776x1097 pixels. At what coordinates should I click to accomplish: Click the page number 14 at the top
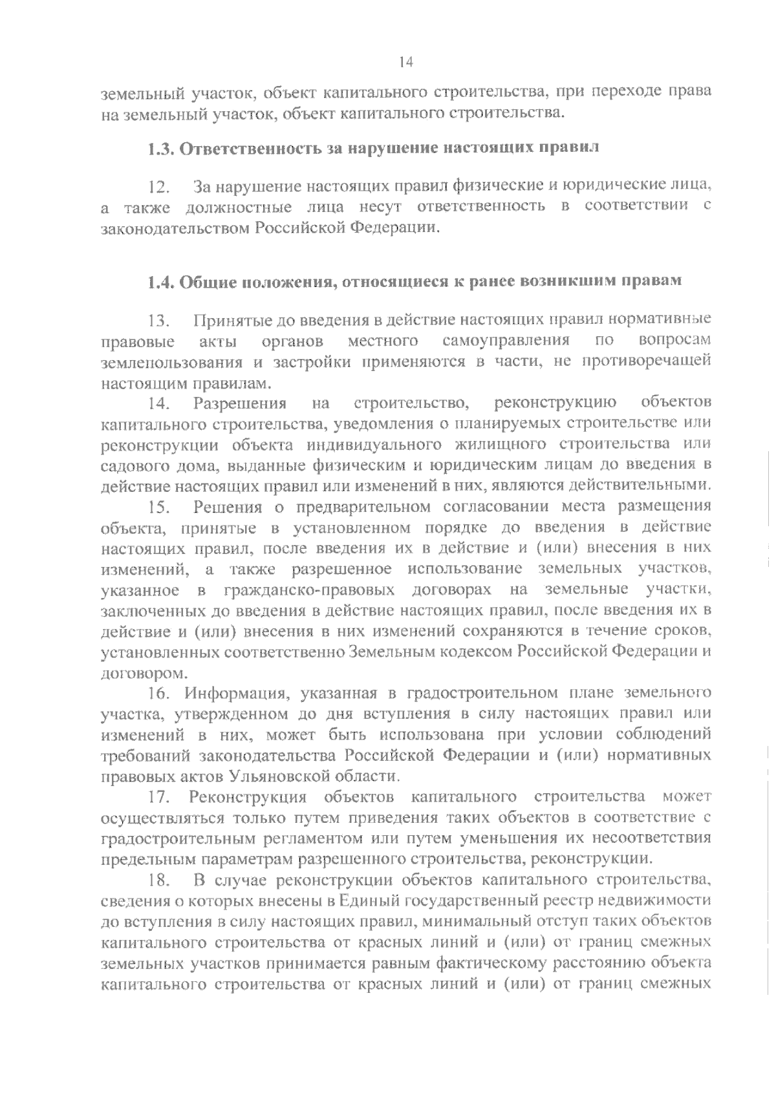coord(405,62)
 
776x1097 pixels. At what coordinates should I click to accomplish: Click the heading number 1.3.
coord(158,148)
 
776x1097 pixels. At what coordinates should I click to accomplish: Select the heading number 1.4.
coord(158,282)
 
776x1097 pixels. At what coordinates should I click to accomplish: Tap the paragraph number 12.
coord(158,188)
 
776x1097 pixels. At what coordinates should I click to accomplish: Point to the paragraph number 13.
coord(158,321)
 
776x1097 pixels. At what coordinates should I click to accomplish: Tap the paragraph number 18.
coord(158,880)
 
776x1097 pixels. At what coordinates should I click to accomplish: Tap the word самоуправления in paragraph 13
coord(506,340)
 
